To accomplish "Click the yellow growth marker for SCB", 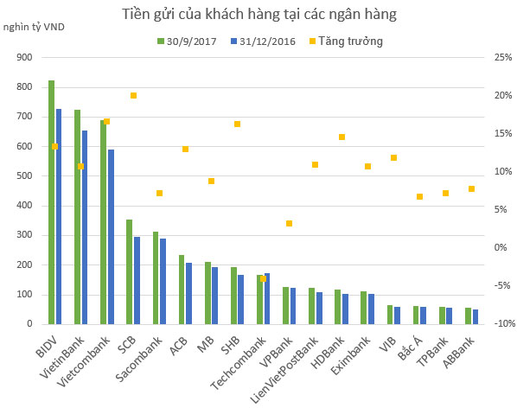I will click(x=133, y=96).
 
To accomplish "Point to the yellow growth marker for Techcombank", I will click(x=264, y=278).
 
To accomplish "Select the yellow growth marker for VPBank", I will click(x=290, y=223).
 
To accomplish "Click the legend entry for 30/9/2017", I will click(x=188, y=41).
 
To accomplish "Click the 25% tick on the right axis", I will click(x=502, y=57).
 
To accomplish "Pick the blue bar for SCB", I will click(x=137, y=280).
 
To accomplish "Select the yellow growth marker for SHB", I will click(x=237, y=124).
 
